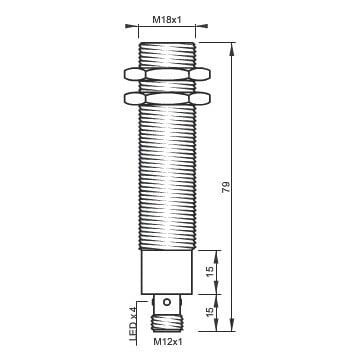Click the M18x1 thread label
[167, 20]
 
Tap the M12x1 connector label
[168, 342]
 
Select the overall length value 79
[226, 187]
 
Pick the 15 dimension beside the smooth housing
[210, 272]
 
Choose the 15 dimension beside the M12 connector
[210, 312]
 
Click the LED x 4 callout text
[134, 324]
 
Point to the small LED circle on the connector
[166, 302]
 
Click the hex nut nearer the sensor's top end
[167, 74]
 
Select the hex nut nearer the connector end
[167, 98]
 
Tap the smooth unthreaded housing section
[167, 272]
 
